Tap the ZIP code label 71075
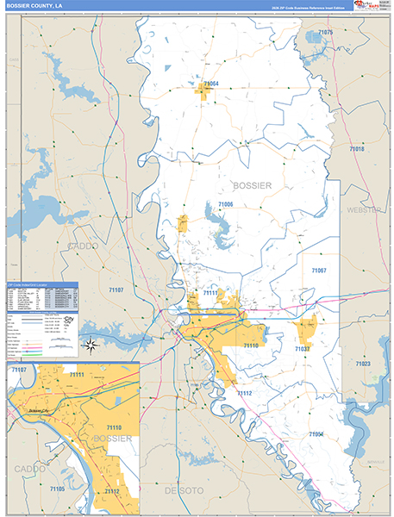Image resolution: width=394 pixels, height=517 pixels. tap(325, 32)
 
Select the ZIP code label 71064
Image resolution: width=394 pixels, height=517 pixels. tap(210, 84)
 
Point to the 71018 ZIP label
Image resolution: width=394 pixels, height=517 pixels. tap(356, 149)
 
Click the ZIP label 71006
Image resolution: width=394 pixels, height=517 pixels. tap(225, 204)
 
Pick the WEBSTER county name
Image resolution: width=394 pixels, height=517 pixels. tap(363, 210)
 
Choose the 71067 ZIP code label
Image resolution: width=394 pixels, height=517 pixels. tap(319, 271)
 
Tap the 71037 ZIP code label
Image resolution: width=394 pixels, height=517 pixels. tap(302, 349)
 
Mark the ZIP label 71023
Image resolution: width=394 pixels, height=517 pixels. tap(361, 364)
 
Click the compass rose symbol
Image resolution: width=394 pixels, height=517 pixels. tap(91, 346)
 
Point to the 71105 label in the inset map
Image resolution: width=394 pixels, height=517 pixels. tap(56, 489)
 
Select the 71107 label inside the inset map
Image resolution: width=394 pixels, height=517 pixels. tap(18, 370)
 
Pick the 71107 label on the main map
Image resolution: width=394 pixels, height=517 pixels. tap(116, 290)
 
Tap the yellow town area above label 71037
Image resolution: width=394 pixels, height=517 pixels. tap(305, 327)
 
